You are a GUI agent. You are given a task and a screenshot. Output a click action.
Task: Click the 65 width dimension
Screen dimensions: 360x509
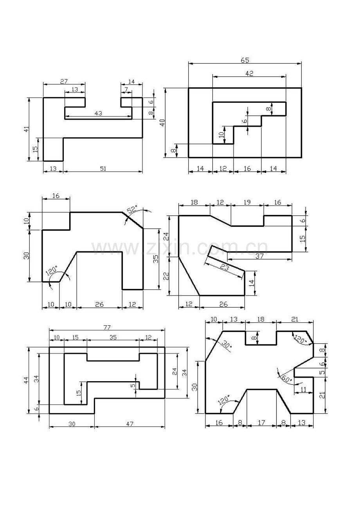245,61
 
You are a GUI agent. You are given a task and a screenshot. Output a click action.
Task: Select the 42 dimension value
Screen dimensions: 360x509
250,73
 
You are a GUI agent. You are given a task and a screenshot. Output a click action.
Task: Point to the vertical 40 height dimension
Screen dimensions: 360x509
162,123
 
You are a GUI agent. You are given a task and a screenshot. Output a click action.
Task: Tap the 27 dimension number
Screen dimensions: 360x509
64,81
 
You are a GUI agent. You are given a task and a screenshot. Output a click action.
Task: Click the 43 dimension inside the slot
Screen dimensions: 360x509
98,113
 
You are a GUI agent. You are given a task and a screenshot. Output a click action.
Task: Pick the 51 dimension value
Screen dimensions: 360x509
103,168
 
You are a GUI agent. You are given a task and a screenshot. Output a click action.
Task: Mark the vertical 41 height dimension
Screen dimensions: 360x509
27,129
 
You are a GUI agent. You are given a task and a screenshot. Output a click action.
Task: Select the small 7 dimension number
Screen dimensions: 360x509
126,89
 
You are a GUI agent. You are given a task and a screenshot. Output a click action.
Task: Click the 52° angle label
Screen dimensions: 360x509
132,209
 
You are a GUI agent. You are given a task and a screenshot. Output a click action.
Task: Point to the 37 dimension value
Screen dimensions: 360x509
259,256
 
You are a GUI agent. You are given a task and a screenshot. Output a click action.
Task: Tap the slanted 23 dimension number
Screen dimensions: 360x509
225,268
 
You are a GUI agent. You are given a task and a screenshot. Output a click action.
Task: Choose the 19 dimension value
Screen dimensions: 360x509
247,202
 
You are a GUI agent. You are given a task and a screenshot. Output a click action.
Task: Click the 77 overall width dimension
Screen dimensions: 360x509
107,327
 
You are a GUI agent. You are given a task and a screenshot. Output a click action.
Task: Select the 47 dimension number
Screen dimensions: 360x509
130,424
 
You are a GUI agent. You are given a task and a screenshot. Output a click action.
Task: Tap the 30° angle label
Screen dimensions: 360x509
226,344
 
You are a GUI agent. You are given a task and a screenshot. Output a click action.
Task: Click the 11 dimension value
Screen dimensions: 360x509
303,390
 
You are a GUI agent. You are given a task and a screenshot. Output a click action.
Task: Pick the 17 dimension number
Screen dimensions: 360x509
261,423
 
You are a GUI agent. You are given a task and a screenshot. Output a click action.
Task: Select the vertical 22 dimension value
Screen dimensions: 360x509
166,276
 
